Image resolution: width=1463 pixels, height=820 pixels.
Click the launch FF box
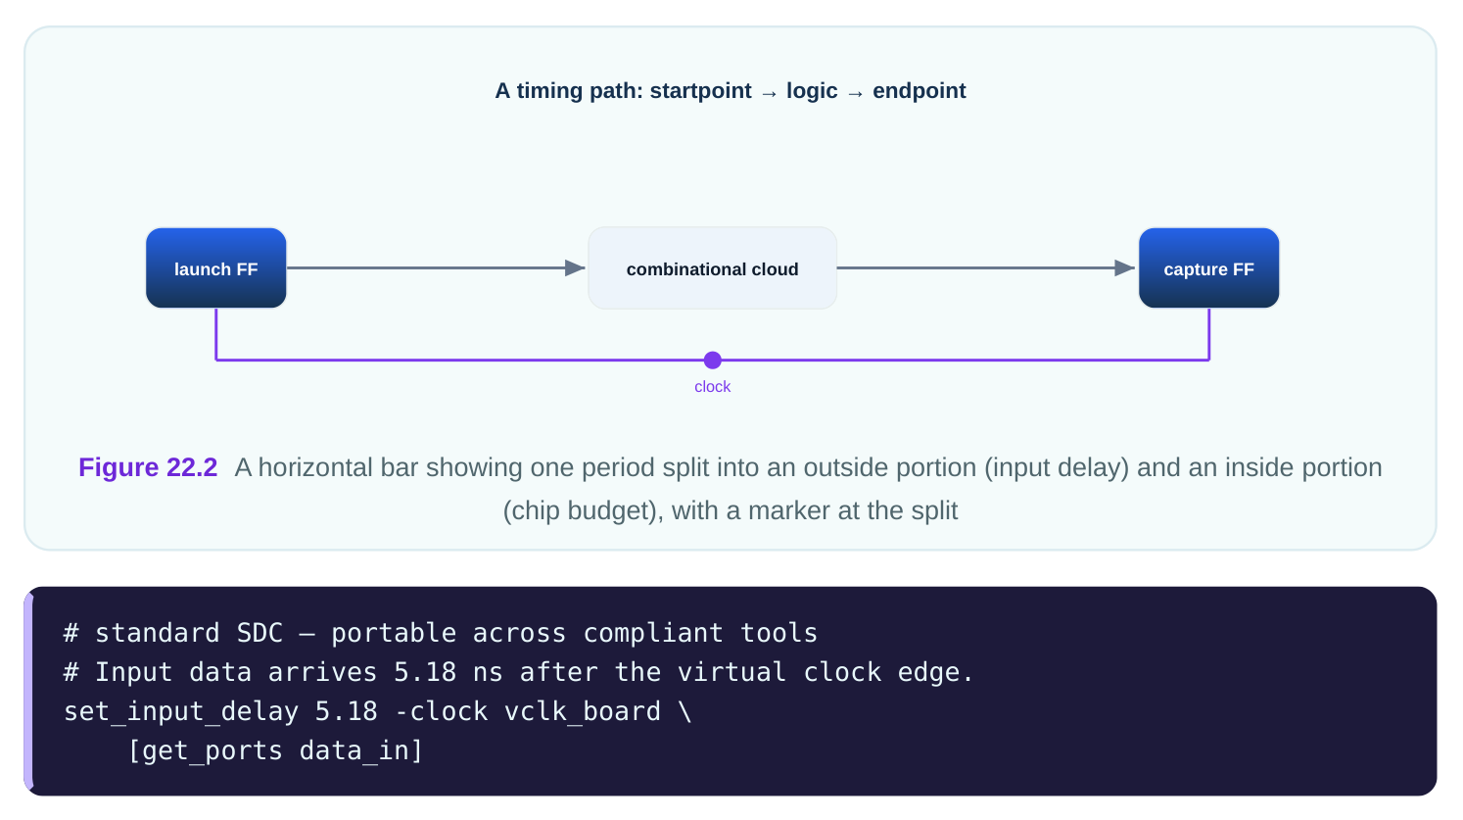216,267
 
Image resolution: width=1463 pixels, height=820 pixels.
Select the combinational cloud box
712,267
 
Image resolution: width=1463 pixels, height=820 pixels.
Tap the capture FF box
1209,267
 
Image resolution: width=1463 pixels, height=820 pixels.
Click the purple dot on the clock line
713,360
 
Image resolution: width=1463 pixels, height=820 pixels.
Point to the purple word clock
713,387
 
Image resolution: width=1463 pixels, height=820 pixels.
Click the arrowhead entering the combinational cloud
575,267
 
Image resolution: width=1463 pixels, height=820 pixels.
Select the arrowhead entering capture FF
1125,267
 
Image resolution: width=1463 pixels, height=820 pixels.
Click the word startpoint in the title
700,91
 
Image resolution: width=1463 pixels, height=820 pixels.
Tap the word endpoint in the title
919,91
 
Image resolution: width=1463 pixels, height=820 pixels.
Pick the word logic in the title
812,91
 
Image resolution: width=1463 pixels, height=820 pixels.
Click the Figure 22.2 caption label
148,468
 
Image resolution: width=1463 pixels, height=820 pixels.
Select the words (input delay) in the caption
1057,468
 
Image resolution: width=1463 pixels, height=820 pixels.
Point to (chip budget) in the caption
580,511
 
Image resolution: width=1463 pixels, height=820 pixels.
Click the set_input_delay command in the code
181,711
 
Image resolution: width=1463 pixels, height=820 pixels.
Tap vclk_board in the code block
583,711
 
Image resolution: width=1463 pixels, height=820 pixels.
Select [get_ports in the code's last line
205,750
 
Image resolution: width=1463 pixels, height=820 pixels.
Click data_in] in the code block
361,750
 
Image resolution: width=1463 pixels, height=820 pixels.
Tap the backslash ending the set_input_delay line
684,711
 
